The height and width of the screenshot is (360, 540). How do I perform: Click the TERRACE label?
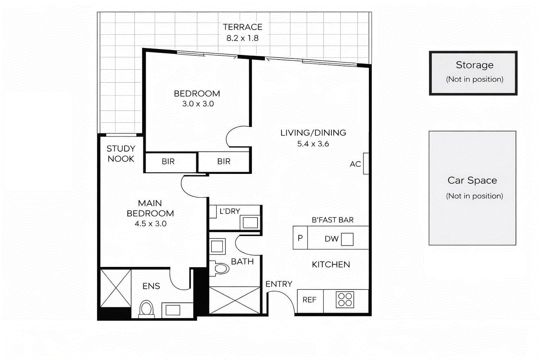(242, 27)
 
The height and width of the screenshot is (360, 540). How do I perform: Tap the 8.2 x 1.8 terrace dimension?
(242, 38)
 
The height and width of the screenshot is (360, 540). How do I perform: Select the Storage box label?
(474, 65)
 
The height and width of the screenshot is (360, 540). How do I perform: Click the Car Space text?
(472, 181)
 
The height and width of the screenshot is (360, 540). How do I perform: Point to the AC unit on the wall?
(366, 164)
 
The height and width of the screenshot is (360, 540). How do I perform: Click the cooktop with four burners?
(345, 300)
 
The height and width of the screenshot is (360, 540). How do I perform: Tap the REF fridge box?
(309, 300)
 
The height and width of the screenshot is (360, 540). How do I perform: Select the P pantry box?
(300, 238)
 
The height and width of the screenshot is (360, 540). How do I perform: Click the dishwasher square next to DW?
(347, 239)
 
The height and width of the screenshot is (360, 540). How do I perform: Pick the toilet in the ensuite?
(146, 309)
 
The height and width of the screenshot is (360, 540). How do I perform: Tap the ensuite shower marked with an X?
(115, 288)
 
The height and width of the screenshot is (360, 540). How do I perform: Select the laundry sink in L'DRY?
(250, 222)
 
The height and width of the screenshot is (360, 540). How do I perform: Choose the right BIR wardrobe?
(224, 162)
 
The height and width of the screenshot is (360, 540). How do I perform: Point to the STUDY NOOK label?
(121, 154)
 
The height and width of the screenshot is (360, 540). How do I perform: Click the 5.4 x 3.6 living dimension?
(313, 144)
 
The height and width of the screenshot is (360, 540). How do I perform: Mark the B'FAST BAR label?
(332, 220)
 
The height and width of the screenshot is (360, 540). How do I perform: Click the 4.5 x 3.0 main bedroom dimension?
(151, 224)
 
